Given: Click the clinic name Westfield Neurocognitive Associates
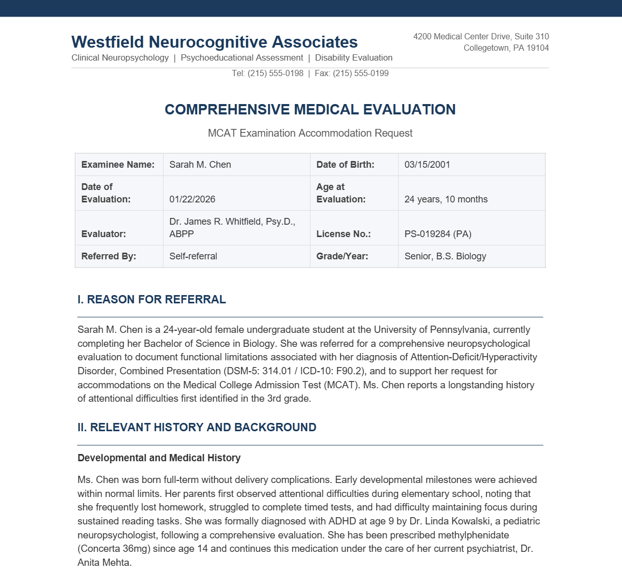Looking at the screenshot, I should [x=214, y=42].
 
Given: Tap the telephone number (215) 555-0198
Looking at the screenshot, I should [x=275, y=74].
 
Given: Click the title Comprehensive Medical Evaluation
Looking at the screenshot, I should [x=310, y=110].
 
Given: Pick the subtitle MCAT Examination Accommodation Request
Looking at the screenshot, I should [x=310, y=133].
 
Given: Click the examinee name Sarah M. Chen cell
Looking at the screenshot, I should [x=200, y=165].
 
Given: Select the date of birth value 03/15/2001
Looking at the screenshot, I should [x=427, y=165].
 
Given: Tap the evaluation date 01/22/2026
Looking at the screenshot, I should [x=192, y=199].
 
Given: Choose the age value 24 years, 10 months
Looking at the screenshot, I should [x=446, y=199].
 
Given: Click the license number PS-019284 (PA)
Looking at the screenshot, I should [x=438, y=234].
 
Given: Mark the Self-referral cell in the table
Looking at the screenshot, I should [x=193, y=256].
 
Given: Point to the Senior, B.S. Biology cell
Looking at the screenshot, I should [x=445, y=256].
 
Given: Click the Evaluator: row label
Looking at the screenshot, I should [x=103, y=234].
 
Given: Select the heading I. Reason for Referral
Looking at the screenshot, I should [x=152, y=300].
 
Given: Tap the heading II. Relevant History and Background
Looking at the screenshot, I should [x=197, y=428].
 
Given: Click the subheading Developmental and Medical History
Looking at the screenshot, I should [x=159, y=458].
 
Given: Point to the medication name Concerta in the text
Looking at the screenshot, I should [x=99, y=549].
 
